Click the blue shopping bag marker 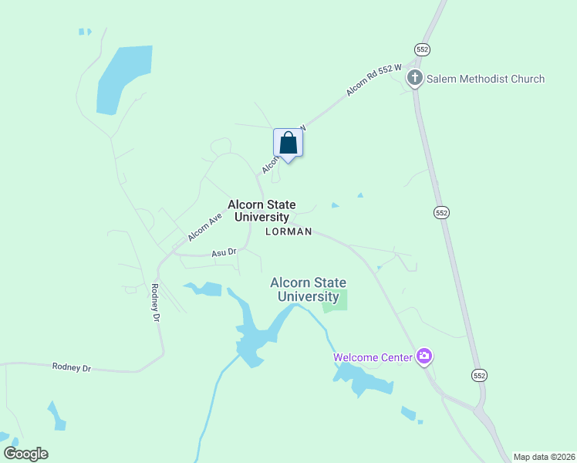[288, 144]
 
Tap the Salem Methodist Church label [486, 79]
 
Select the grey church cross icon [415, 77]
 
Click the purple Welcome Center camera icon [423, 357]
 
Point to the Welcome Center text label [373, 357]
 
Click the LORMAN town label [288, 231]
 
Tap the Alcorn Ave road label [204, 226]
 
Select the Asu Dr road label [224, 252]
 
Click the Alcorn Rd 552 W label [374, 79]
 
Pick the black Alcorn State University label [262, 211]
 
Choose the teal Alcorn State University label [308, 289]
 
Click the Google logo [25, 454]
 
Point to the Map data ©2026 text [544, 457]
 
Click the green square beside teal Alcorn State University [336, 300]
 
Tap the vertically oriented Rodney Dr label [155, 303]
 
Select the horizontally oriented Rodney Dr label [72, 367]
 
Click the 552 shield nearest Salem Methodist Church [421, 49]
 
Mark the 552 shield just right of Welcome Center [479, 374]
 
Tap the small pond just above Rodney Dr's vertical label [204, 289]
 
